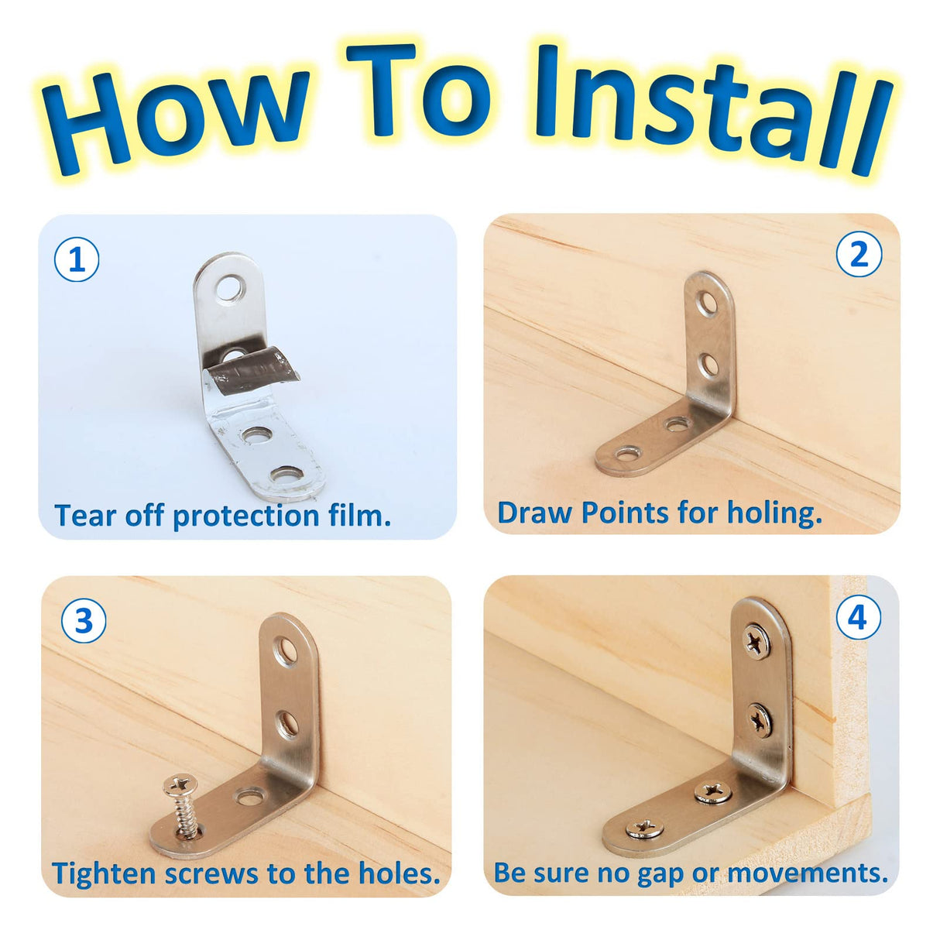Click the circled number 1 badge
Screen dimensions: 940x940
[77, 260]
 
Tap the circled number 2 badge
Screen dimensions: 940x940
[859, 254]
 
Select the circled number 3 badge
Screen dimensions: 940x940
[84, 621]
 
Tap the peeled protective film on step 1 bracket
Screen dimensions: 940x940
[252, 369]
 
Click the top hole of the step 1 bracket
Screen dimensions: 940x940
[229, 289]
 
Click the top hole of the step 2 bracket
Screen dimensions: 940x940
[707, 304]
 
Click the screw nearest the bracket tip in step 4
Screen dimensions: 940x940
[644, 829]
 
